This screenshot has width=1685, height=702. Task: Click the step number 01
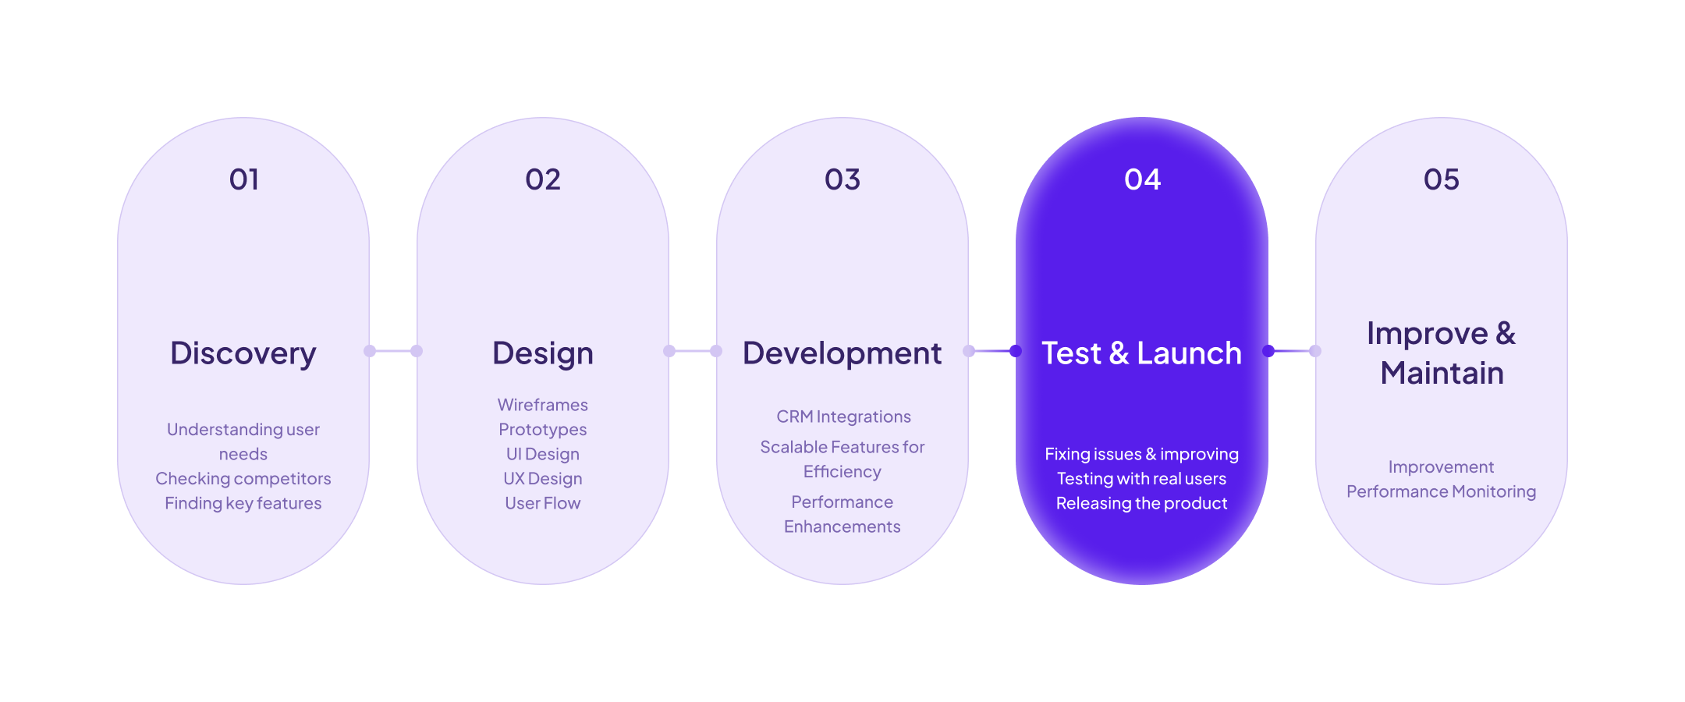[x=244, y=179]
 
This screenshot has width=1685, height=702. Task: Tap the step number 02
[x=543, y=179]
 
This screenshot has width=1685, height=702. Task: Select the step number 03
[x=842, y=179]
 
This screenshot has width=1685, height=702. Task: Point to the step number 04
[x=1142, y=179]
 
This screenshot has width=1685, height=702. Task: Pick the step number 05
[x=1442, y=179]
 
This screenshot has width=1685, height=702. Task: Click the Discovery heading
[x=243, y=354]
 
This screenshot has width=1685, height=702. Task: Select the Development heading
[x=842, y=354]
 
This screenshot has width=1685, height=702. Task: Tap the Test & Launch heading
[x=1142, y=353]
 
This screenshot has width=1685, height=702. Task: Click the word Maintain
[x=1442, y=373]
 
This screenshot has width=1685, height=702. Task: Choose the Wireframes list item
[x=543, y=405]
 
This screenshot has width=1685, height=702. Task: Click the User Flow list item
[x=543, y=503]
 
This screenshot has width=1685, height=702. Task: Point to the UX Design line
[x=543, y=479]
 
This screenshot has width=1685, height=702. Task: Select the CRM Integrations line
[x=843, y=417]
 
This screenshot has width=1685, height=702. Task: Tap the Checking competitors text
[x=243, y=479]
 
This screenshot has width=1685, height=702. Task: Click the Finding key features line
[x=243, y=503]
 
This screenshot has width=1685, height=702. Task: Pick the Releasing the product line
[x=1142, y=503]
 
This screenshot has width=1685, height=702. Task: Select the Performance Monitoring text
[x=1442, y=491]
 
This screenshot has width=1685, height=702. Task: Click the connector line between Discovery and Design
[x=393, y=351]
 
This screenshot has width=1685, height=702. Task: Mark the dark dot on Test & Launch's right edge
[x=1268, y=351]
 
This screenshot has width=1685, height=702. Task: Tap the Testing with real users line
[x=1142, y=479]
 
